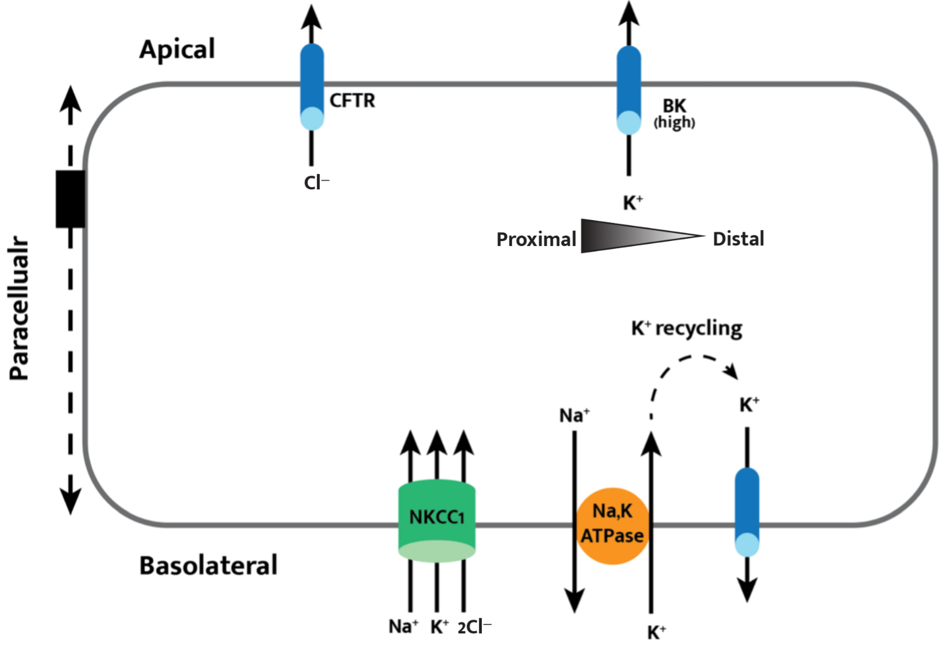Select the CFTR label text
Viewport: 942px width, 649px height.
click(x=352, y=100)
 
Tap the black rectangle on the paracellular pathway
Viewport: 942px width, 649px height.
click(x=70, y=199)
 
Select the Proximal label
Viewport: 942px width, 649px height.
click(x=536, y=240)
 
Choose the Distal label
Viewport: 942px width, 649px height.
click(x=738, y=239)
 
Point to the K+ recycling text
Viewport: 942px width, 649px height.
click(x=687, y=329)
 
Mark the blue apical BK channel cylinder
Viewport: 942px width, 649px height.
click(x=629, y=90)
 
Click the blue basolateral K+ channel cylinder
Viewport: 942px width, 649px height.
click(x=747, y=512)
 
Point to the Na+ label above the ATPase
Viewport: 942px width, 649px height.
click(x=574, y=415)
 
